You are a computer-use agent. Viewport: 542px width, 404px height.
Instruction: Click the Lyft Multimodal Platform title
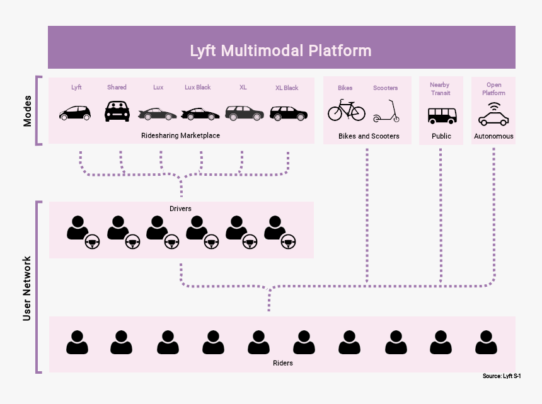[x=280, y=50]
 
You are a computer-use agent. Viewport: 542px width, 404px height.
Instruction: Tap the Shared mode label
[x=117, y=87]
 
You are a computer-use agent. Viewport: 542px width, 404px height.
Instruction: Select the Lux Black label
[x=198, y=87]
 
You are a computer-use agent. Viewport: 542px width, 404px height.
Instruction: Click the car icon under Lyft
[x=75, y=113]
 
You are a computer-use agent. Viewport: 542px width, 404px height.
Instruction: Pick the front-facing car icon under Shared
[x=117, y=111]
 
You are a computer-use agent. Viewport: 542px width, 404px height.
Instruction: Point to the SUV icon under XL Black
[x=289, y=113]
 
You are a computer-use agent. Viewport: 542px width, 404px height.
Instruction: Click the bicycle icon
[x=347, y=110]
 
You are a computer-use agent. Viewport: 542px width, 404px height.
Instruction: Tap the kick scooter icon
[x=386, y=112]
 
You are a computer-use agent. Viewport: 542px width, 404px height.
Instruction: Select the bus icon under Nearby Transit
[x=442, y=116]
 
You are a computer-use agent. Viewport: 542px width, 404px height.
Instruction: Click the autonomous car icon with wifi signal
[x=493, y=114]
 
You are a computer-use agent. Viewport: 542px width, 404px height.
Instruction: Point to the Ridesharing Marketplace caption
[x=180, y=136]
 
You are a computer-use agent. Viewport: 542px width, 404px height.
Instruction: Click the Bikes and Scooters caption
[x=369, y=136]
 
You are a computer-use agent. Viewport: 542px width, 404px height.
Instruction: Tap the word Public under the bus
[x=441, y=136]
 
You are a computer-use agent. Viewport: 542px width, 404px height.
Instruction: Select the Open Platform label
[x=493, y=89]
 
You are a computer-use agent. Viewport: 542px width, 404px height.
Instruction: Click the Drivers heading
[x=180, y=209]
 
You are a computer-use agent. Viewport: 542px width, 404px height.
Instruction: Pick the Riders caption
[x=283, y=363]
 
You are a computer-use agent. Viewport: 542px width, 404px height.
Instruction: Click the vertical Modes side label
[x=27, y=111]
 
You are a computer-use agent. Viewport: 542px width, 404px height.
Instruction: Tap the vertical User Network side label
[x=26, y=288]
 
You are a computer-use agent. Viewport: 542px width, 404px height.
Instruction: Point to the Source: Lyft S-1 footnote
[x=502, y=376]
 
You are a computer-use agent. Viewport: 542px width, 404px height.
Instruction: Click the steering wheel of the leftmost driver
[x=92, y=241]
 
